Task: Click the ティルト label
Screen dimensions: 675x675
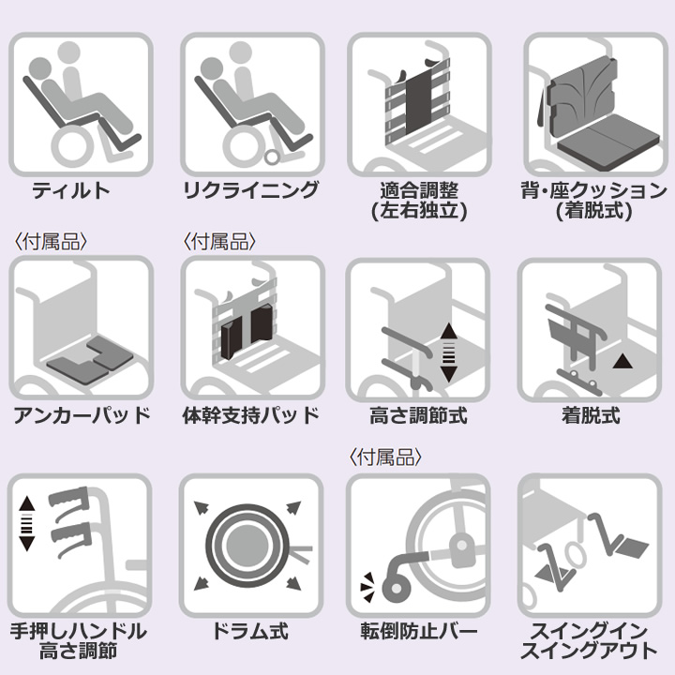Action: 71,190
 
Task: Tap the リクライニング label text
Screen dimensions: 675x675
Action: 251,189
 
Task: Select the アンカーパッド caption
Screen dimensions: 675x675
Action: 82,415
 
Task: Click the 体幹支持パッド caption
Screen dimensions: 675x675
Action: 251,415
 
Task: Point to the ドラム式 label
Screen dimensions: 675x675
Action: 251,631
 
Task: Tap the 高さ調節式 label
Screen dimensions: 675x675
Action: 418,416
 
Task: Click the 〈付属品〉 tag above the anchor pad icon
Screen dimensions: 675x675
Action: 51,242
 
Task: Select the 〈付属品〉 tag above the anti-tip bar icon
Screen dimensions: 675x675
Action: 385,457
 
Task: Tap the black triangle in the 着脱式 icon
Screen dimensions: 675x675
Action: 622,362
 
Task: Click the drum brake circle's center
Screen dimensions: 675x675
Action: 247,546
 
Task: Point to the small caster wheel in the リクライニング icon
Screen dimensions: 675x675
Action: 272,157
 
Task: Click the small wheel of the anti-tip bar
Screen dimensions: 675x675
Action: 397,589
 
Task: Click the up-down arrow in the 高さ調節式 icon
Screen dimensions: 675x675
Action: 448,352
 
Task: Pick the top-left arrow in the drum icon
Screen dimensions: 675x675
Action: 201,508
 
